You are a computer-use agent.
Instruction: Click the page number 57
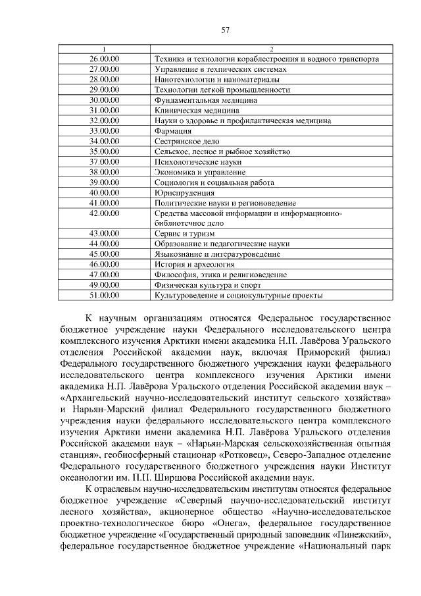(226, 29)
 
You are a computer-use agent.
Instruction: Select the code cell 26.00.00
(103, 59)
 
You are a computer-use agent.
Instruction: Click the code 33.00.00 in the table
(103, 131)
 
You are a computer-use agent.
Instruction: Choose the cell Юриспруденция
(184, 192)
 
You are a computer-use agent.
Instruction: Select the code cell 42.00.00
(103, 213)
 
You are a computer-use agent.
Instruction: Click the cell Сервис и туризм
(182, 234)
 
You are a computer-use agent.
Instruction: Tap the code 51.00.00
(103, 295)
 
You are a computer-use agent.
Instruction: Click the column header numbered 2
(272, 49)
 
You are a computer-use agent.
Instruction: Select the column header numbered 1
(103, 49)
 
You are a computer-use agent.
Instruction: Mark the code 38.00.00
(103, 172)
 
